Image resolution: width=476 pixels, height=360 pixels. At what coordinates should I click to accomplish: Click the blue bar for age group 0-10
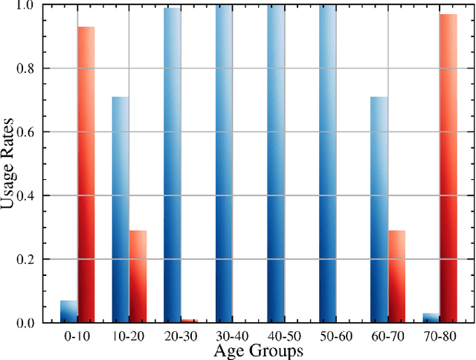69,312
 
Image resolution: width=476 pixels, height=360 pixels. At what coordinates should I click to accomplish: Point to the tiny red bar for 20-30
190,321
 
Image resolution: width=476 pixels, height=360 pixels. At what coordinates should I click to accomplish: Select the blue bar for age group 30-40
224,164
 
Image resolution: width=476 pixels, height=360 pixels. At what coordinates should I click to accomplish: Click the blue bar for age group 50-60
327,164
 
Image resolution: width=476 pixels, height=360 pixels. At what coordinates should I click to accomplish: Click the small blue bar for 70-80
431,318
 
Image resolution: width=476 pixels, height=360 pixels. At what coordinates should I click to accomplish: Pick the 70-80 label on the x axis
440,336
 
